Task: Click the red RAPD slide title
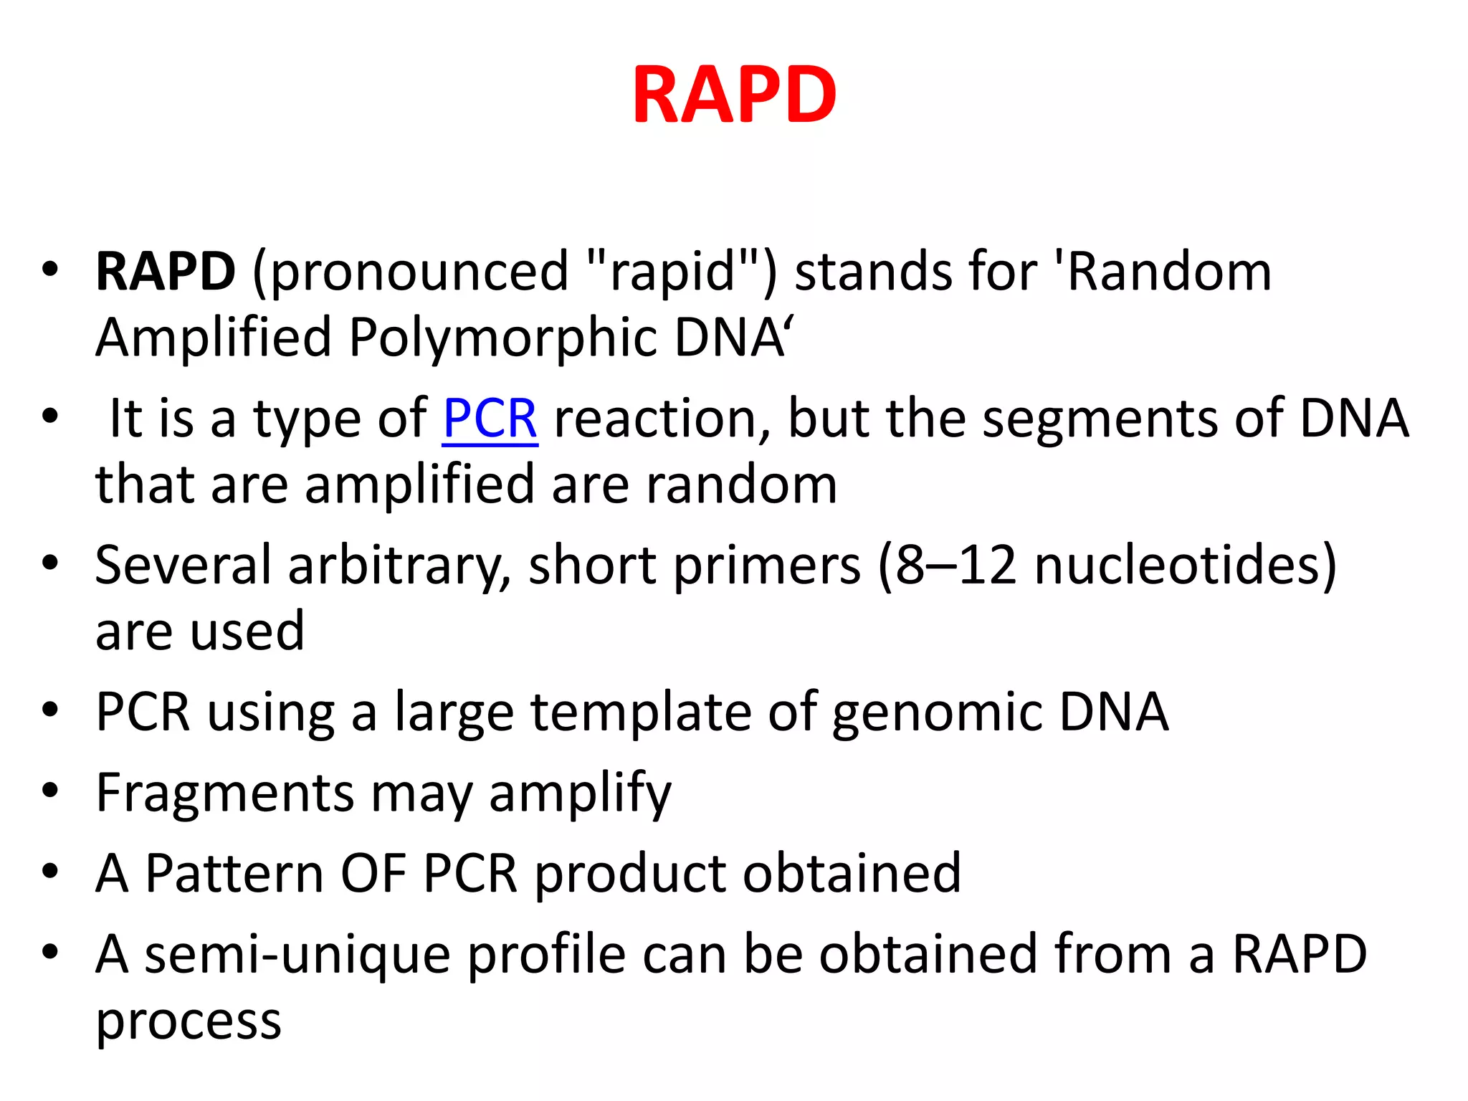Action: tap(734, 95)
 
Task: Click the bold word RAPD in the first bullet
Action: tap(166, 272)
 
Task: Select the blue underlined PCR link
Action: tap(490, 419)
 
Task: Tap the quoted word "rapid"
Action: tap(672, 272)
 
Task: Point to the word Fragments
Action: tap(225, 794)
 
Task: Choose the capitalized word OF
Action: tap(373, 874)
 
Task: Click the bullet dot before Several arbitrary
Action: tap(49, 563)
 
